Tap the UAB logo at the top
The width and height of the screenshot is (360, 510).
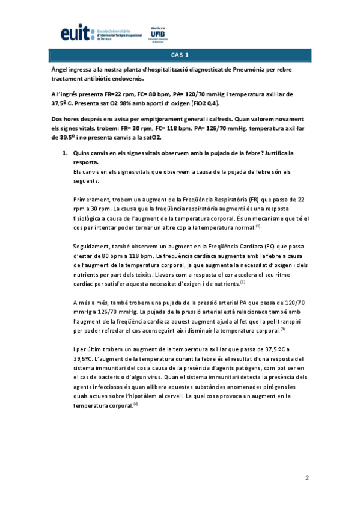coord(159,34)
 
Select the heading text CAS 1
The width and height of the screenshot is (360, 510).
coord(180,55)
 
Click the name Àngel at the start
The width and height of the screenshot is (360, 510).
coord(61,70)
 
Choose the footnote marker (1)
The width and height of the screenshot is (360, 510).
coord(257,226)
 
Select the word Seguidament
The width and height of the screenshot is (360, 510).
coord(91,247)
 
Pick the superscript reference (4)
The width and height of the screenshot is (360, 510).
coord(136,404)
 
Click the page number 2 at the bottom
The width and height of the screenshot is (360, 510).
coord(307,478)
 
